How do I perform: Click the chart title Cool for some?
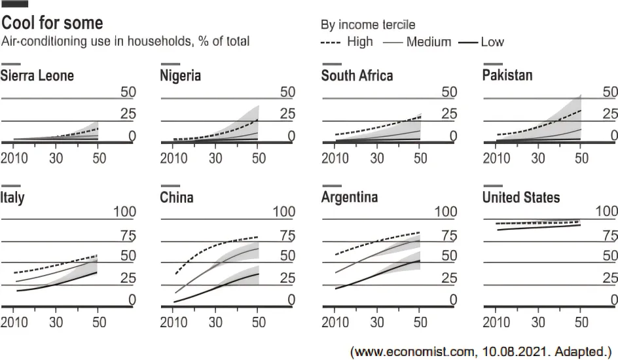[x=52, y=24]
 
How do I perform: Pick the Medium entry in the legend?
[x=428, y=42]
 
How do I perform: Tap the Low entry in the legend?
[x=492, y=42]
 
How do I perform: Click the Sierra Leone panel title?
[x=37, y=75]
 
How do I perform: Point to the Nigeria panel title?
[x=181, y=75]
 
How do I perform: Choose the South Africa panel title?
[x=357, y=75]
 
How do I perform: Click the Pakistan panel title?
[x=507, y=75]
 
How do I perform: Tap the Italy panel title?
[x=12, y=197]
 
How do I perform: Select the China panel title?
[x=177, y=197]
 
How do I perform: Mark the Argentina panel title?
[x=350, y=197]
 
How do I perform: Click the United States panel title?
[x=521, y=197]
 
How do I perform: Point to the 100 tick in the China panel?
[x=283, y=211]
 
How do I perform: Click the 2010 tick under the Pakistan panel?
[x=496, y=158]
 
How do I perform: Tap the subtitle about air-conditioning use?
[x=126, y=42]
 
